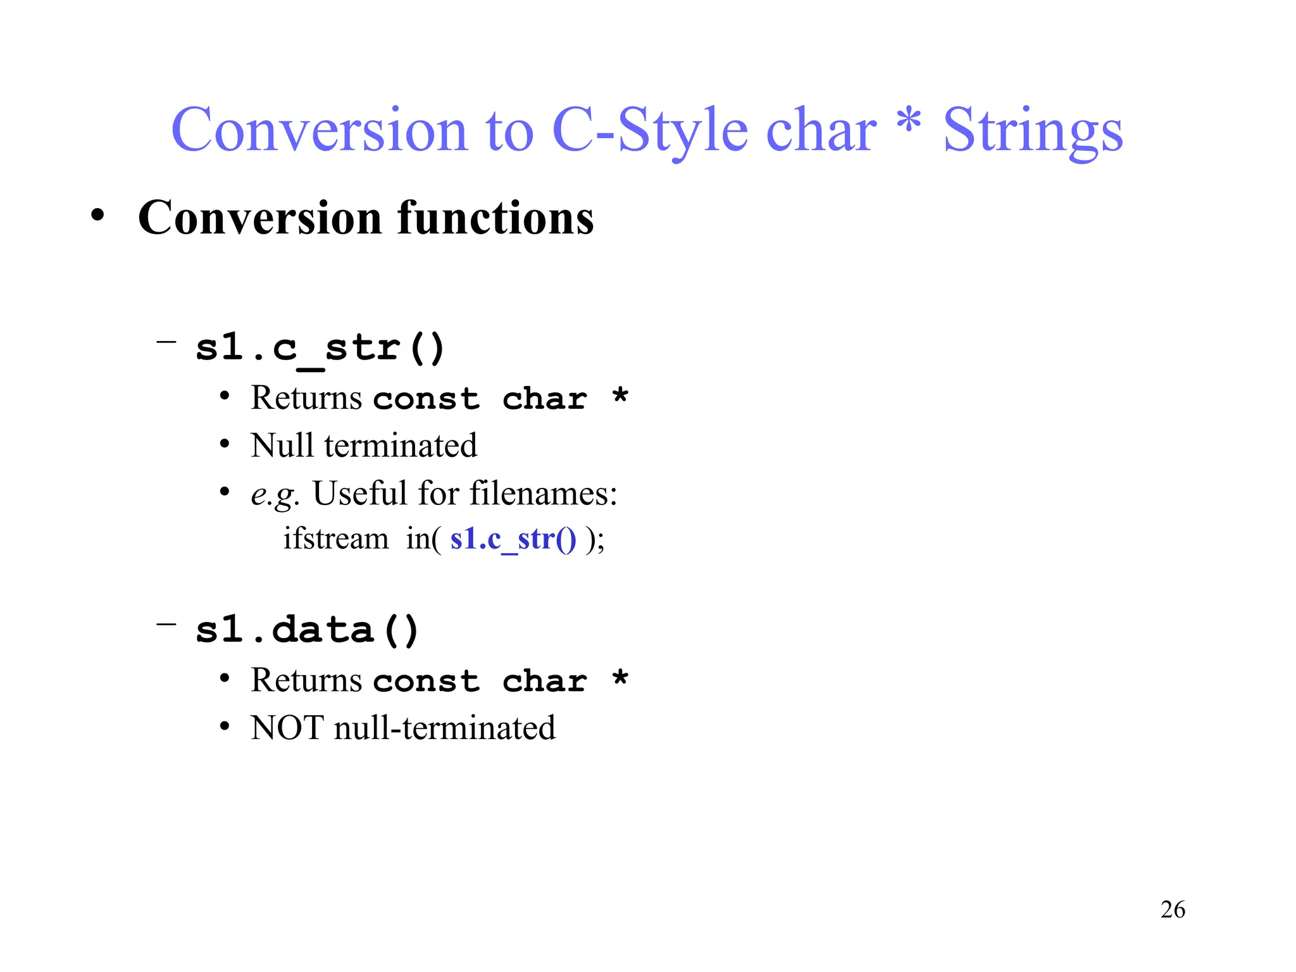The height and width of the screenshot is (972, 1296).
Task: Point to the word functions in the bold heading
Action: point(495,218)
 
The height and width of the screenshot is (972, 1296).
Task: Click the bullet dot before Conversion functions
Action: point(97,215)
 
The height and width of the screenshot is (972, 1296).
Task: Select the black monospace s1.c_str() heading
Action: point(320,348)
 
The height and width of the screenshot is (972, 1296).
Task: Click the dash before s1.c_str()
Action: point(166,342)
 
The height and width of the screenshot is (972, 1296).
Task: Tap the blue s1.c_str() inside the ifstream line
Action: point(513,539)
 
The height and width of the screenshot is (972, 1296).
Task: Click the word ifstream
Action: point(335,539)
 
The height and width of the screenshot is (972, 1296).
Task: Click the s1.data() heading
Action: point(307,630)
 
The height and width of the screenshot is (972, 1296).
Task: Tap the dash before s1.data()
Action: point(166,625)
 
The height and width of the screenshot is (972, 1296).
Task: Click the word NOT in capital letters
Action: point(287,728)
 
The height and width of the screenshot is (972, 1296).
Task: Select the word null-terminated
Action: point(444,728)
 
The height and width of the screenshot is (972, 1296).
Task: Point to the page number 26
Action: point(1172,909)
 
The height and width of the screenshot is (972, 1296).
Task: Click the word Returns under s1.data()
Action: point(306,680)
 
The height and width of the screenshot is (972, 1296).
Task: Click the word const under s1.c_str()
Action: point(426,399)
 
